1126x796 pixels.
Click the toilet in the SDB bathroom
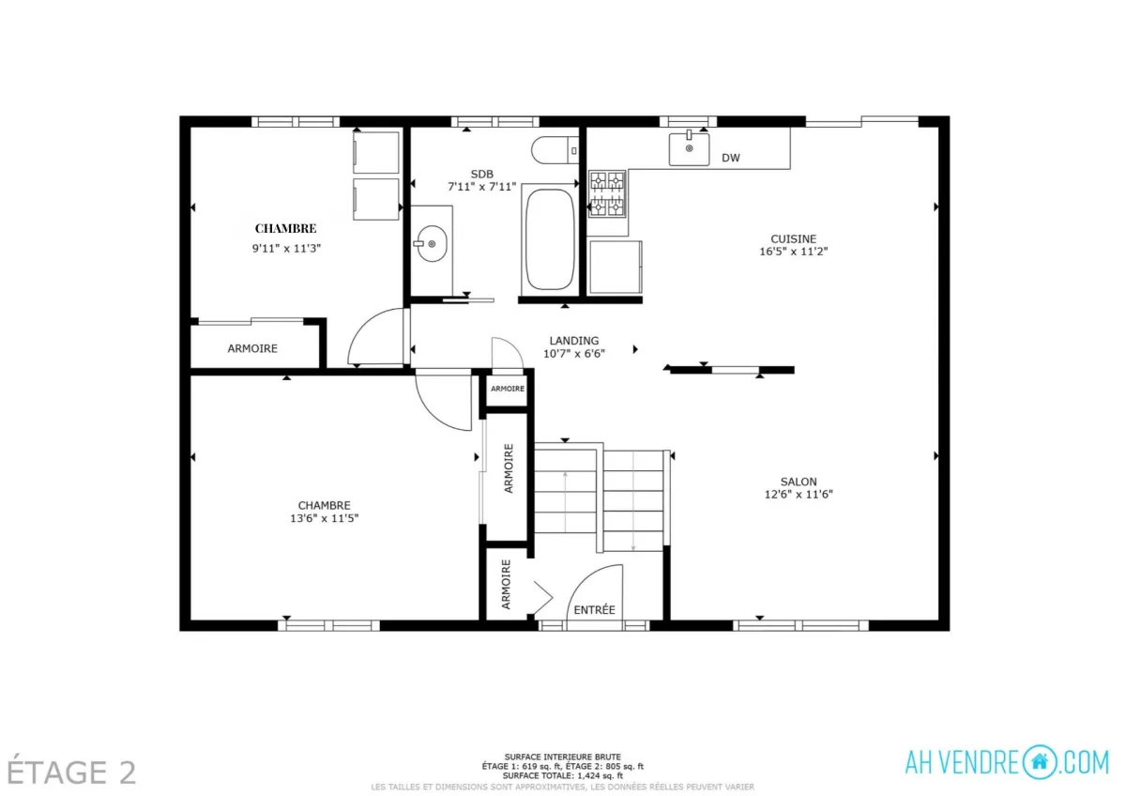click(555, 149)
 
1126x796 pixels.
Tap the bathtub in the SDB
click(550, 239)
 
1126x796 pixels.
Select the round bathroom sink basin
click(433, 244)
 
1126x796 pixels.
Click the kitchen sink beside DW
click(689, 149)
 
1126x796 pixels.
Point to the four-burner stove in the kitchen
click(607, 194)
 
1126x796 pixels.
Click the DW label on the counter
click(731, 158)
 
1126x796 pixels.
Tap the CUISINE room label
click(793, 238)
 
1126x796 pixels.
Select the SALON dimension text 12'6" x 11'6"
click(799, 495)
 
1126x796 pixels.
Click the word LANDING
click(574, 341)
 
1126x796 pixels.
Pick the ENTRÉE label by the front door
click(594, 610)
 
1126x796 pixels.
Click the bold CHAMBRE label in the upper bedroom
click(285, 229)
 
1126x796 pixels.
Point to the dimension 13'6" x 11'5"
click(325, 518)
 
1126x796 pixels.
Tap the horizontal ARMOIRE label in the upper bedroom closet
click(252, 348)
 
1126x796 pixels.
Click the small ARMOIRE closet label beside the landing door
click(508, 389)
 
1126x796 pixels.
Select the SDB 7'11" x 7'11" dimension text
click(482, 187)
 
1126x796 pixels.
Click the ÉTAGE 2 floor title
click(71, 773)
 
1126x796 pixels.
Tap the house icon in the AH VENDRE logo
click(1039, 762)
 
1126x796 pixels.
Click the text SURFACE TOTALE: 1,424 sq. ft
click(562, 776)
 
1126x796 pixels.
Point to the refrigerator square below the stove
click(616, 267)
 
